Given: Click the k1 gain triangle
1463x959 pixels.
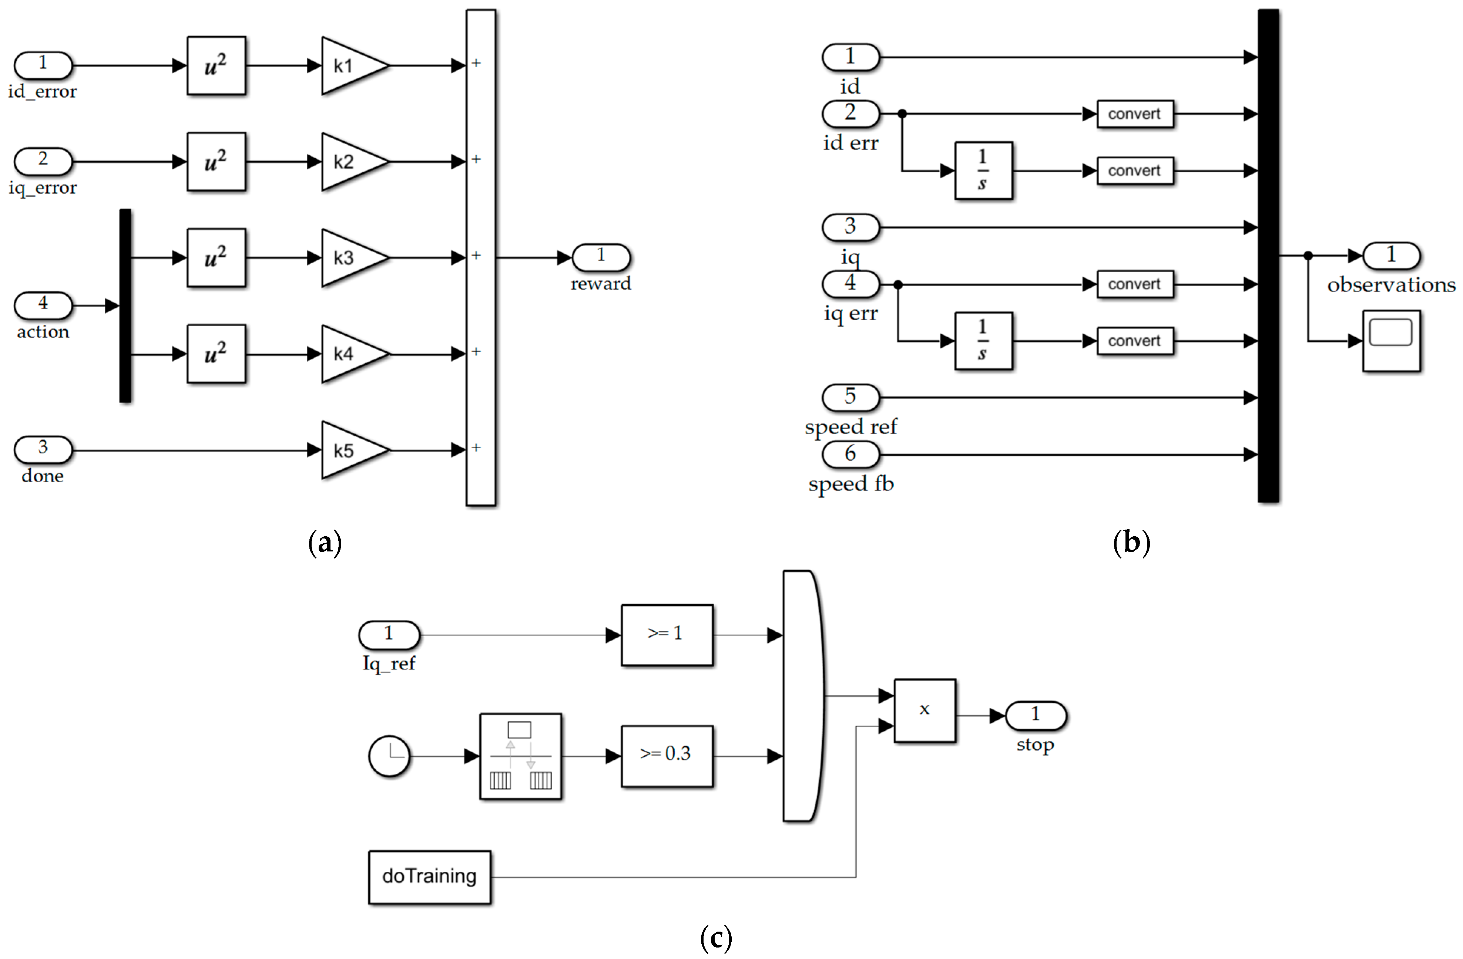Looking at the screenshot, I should tap(350, 66).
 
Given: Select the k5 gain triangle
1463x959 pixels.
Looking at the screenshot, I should tap(350, 450).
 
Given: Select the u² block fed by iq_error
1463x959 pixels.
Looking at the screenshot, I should tap(217, 162).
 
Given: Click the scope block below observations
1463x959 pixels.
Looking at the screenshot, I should tap(1391, 341).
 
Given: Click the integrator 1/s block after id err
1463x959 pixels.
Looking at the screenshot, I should tap(983, 171).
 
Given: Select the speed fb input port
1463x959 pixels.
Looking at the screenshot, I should tap(851, 455).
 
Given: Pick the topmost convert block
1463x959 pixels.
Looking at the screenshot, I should tap(1135, 114).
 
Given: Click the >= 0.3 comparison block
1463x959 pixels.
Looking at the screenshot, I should tap(666, 756).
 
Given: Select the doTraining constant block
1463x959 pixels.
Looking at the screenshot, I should tap(429, 877).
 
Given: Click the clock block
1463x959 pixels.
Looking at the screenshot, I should tap(389, 756).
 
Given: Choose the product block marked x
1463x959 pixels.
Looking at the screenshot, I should tap(924, 710).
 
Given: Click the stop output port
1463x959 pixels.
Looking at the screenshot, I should tap(1035, 715).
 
